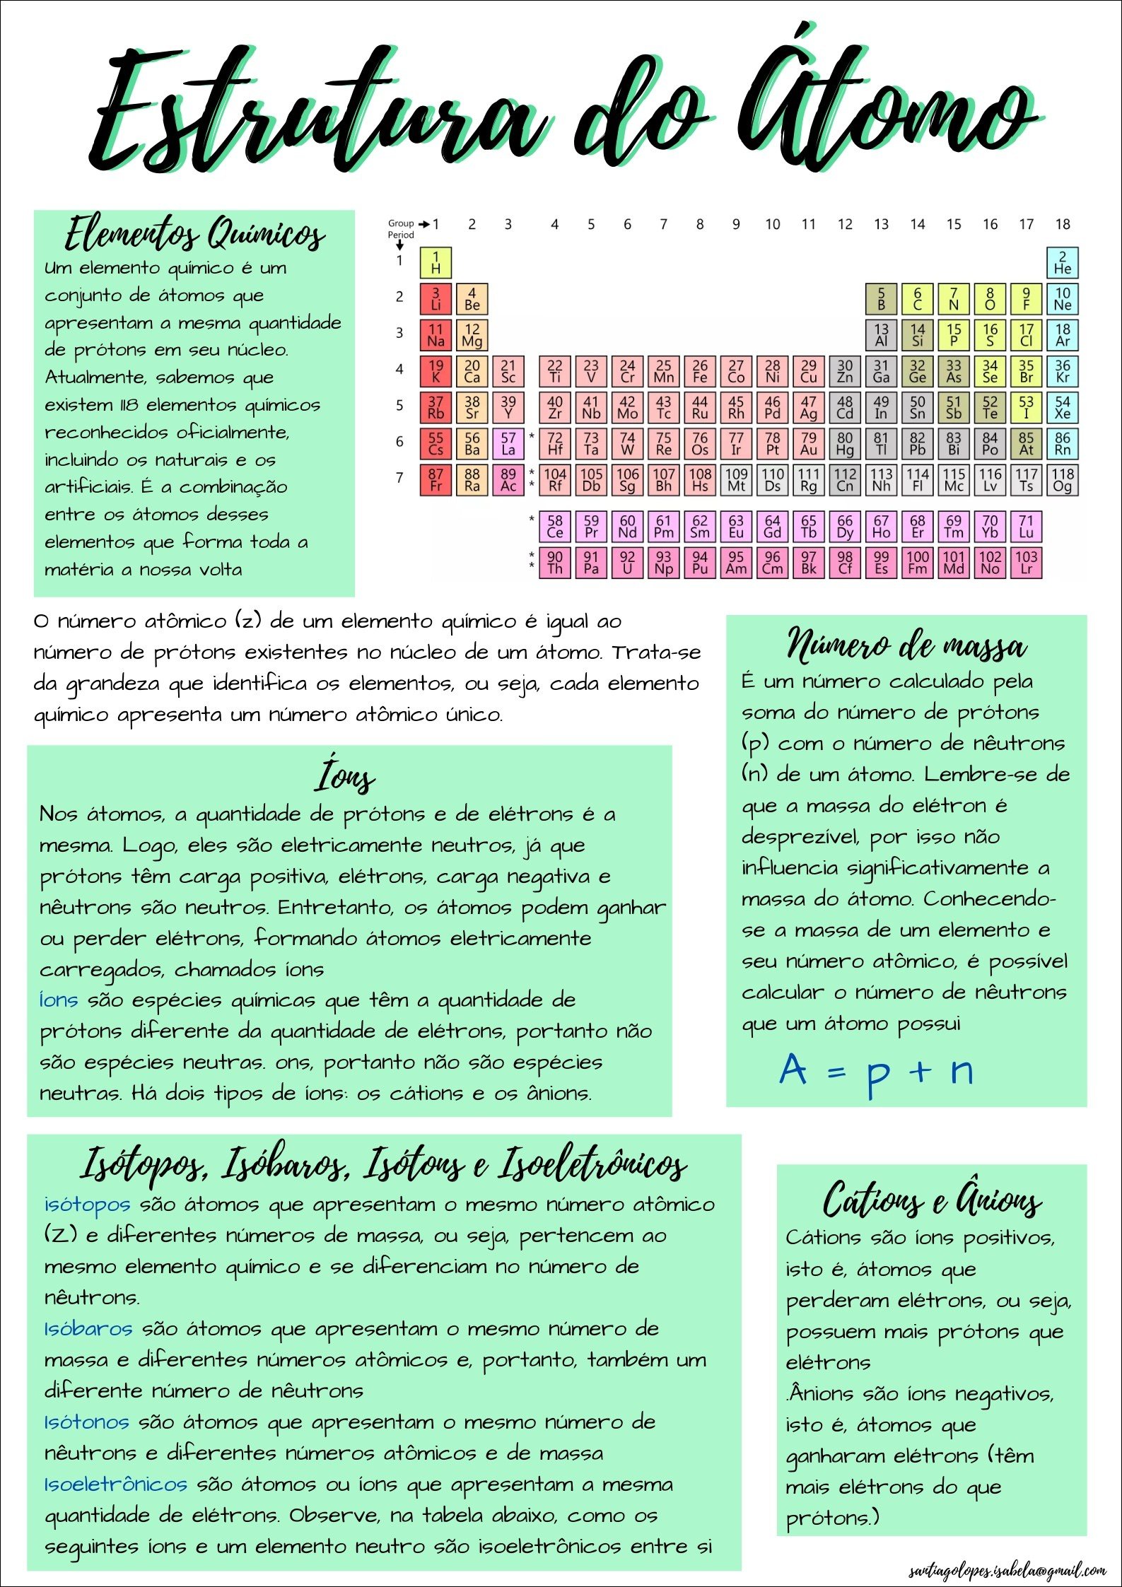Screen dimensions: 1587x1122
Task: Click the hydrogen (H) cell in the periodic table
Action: point(436,262)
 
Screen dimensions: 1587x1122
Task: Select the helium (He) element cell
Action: point(1062,262)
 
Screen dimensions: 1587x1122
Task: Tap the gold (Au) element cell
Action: point(809,443)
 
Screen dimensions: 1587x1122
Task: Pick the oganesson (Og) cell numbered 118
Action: point(1062,480)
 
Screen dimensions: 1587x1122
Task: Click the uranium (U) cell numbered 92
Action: point(627,563)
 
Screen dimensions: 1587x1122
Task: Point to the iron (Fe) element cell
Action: point(700,371)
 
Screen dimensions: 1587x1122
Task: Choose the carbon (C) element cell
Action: point(918,298)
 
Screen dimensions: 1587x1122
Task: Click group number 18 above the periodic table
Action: point(1062,224)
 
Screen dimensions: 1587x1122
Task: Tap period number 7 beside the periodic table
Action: point(399,478)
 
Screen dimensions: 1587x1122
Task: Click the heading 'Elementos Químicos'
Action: point(194,234)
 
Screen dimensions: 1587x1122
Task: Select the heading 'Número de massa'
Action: point(906,644)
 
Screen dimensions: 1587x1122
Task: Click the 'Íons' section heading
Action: point(345,776)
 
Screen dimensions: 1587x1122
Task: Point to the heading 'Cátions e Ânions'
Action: point(932,1199)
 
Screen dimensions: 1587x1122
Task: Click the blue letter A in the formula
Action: point(793,1069)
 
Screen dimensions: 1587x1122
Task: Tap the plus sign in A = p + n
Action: point(921,1072)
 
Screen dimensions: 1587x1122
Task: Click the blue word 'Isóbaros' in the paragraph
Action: point(88,1328)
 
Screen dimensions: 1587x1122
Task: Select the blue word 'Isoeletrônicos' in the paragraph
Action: point(116,1484)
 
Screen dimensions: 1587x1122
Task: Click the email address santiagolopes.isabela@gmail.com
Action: point(1007,1571)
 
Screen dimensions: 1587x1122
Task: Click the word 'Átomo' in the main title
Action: point(891,106)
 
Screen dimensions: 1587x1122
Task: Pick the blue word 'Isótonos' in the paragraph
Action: point(87,1422)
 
